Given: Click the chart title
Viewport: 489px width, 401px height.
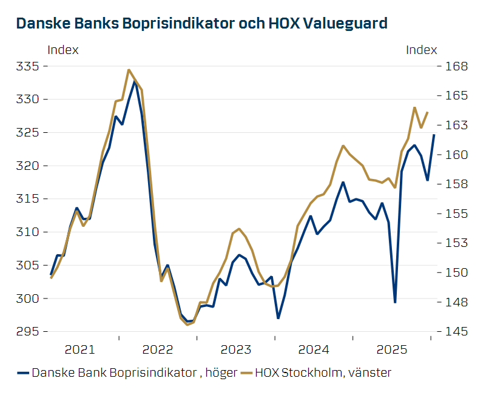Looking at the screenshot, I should click(201, 24).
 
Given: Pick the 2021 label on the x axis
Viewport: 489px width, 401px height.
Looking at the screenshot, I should click(79, 350).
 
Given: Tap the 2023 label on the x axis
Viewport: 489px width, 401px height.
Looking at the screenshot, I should click(236, 350).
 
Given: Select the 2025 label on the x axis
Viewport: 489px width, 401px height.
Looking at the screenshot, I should click(391, 350).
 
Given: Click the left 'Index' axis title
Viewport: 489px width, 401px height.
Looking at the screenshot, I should click(62, 50).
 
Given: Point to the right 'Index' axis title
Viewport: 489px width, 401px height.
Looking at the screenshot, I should click(421, 50).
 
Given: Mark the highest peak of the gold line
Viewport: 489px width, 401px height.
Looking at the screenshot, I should click(129, 70).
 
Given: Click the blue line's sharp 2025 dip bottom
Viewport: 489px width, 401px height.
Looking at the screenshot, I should click(395, 302).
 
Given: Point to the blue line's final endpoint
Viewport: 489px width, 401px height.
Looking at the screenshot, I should click(434, 135).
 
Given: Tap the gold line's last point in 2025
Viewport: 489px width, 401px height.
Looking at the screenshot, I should click(427, 112).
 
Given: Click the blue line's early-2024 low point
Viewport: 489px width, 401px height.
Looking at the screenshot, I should click(278, 318).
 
